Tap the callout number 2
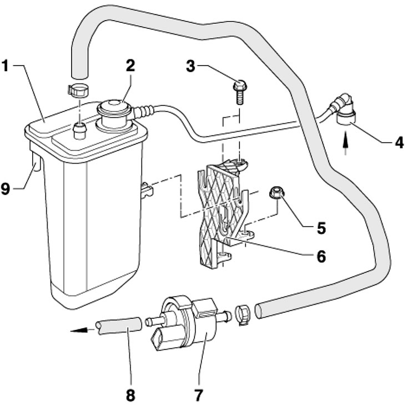pyautogui.click(x=130, y=66)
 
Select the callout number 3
pyautogui.click(x=190, y=67)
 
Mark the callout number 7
pyautogui.click(x=198, y=396)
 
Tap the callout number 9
pyautogui.click(x=5, y=188)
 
